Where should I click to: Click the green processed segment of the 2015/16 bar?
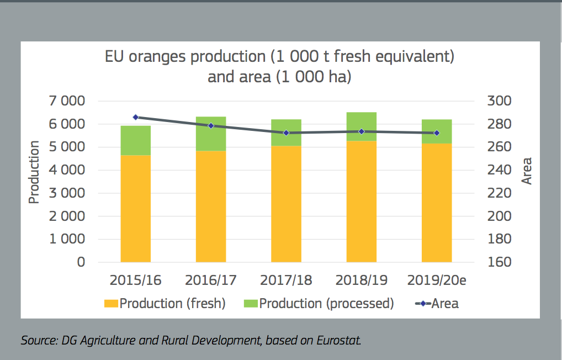click(x=135, y=140)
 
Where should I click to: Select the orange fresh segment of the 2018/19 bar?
click(x=362, y=202)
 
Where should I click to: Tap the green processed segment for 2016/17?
click(x=210, y=134)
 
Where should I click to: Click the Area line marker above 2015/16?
click(x=135, y=117)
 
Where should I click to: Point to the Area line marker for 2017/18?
click(x=286, y=133)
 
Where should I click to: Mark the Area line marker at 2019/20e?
click(x=437, y=133)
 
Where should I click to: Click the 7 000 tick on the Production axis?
click(x=65, y=101)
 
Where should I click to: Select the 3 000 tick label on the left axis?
click(x=65, y=193)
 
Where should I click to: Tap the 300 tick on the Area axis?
click(x=500, y=101)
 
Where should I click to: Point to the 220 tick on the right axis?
click(x=500, y=193)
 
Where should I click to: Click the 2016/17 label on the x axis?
click(x=210, y=280)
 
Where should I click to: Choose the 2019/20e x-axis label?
click(x=437, y=280)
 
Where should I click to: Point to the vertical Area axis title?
click(x=527, y=171)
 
